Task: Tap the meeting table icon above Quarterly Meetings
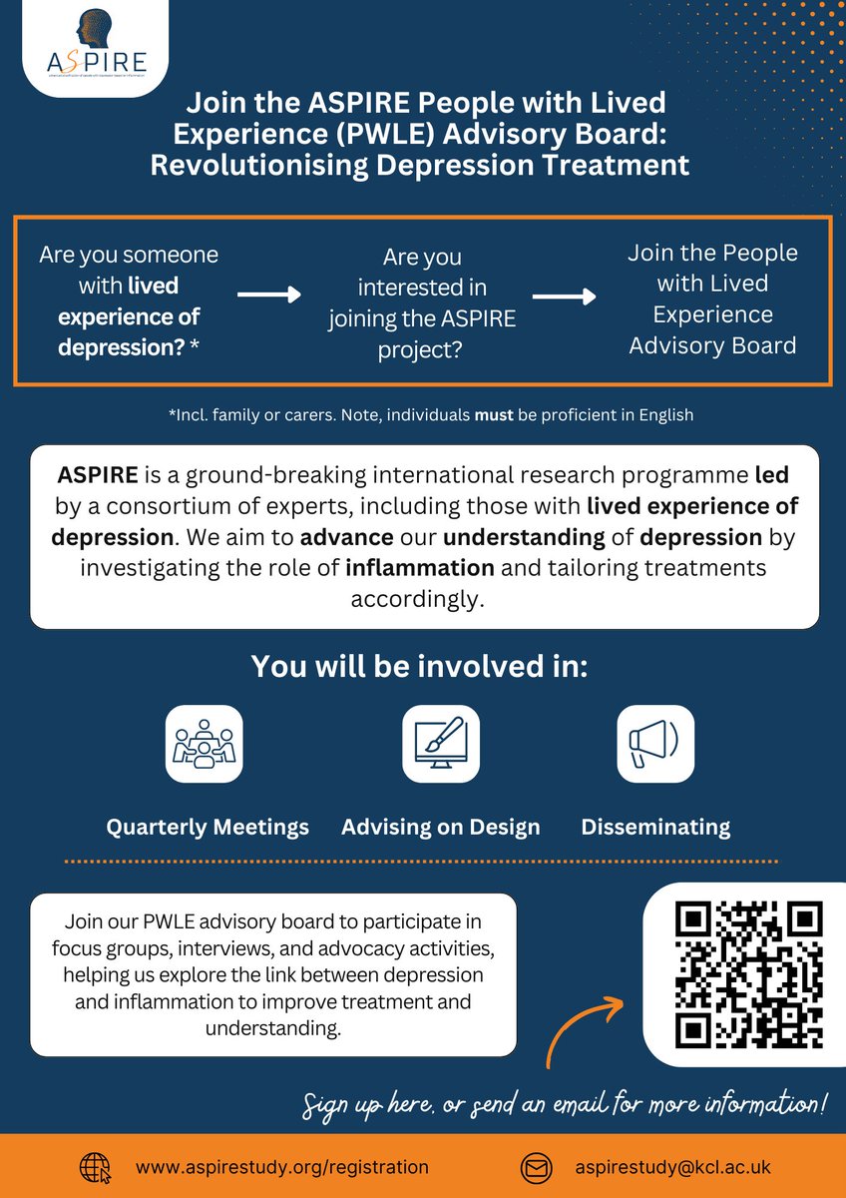[x=204, y=744]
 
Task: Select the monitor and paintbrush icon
[x=440, y=744]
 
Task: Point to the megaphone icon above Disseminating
[x=654, y=744]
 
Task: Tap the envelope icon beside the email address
[x=536, y=1166]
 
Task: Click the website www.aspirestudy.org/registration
[x=282, y=1166]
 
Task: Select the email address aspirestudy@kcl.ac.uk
[x=673, y=1166]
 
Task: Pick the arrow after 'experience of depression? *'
[x=268, y=296]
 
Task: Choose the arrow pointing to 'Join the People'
[x=564, y=297]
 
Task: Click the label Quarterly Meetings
[x=208, y=827]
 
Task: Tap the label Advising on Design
[x=440, y=827]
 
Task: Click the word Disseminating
[x=655, y=827]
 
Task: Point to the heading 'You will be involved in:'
[x=419, y=666]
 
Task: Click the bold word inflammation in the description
[x=420, y=569]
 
